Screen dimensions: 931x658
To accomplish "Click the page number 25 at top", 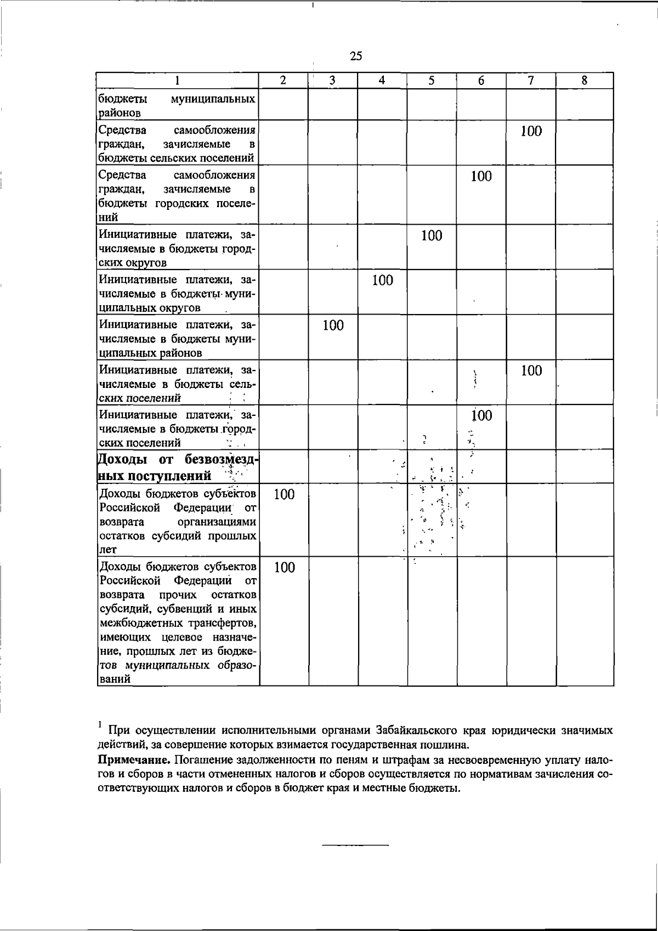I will [356, 56].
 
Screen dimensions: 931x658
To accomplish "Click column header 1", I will [178, 81].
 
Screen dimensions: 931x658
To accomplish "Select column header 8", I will [585, 81].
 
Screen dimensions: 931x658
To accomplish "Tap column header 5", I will [432, 81].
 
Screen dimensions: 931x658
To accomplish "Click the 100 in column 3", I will [333, 325].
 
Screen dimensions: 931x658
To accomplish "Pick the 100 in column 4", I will [382, 281].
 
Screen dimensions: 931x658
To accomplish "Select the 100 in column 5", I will [432, 236].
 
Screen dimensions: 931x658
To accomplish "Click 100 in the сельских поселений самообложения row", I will [531, 131].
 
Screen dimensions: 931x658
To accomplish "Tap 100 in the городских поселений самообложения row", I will [481, 176].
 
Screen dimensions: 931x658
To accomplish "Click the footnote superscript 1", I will [100, 724].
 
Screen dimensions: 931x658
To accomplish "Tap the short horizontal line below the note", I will [355, 846].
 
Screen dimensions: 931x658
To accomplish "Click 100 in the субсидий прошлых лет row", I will [284, 494].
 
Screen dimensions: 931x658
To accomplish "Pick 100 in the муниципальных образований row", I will [284, 567].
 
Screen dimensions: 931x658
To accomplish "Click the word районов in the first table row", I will [120, 113].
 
